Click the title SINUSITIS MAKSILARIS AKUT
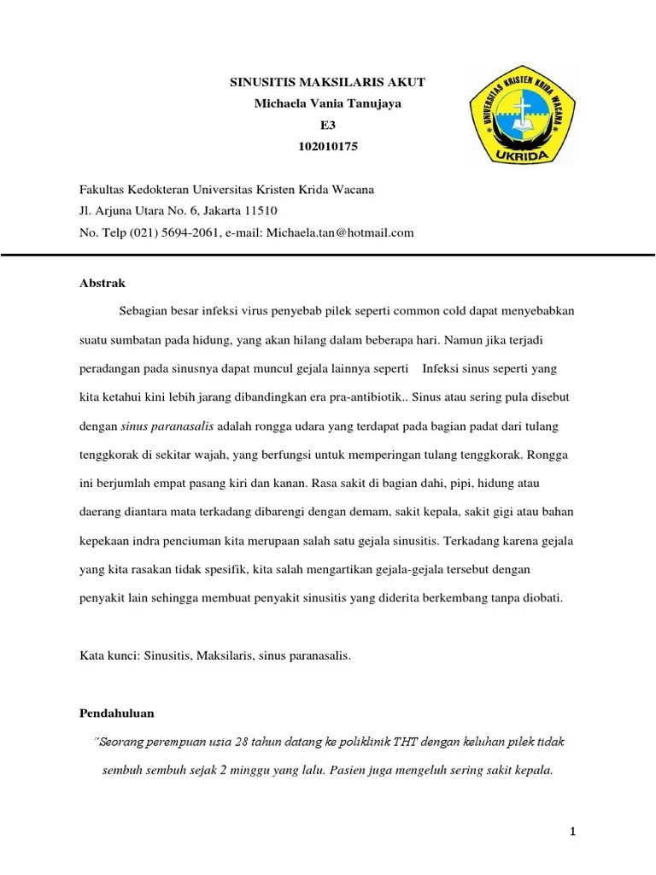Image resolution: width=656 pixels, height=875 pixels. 328,82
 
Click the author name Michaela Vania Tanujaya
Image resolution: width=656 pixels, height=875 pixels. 328,103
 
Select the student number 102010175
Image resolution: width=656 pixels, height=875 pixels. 328,146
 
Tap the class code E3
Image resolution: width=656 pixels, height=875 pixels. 328,125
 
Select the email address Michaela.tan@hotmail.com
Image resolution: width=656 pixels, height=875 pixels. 340,232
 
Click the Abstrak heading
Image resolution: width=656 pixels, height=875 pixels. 102,283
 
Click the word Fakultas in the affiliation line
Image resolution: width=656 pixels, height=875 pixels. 102,189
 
